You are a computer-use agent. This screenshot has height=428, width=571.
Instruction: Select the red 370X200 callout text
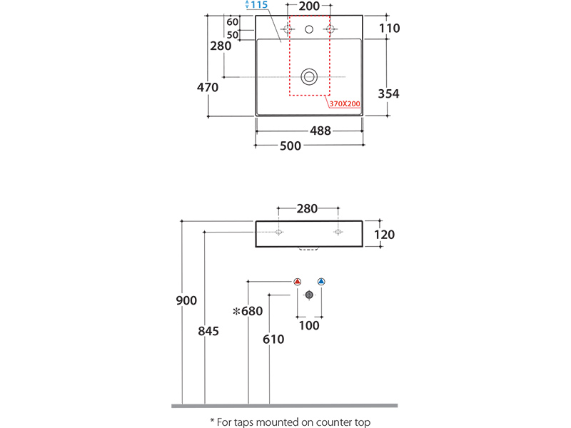[x=345, y=103]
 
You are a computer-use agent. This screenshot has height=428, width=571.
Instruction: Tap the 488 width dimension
[x=320, y=131]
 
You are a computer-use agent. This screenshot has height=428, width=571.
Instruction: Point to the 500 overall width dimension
[x=290, y=146]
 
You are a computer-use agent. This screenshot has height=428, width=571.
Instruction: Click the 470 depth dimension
[x=208, y=87]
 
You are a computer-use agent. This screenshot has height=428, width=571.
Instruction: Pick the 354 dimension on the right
[x=388, y=94]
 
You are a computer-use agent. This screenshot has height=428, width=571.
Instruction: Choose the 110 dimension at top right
[x=389, y=29]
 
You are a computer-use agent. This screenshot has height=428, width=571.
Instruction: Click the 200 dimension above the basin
[x=309, y=6]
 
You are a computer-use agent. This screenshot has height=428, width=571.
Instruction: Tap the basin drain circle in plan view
[x=309, y=77]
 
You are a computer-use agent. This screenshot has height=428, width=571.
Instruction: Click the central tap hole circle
[x=309, y=29]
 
